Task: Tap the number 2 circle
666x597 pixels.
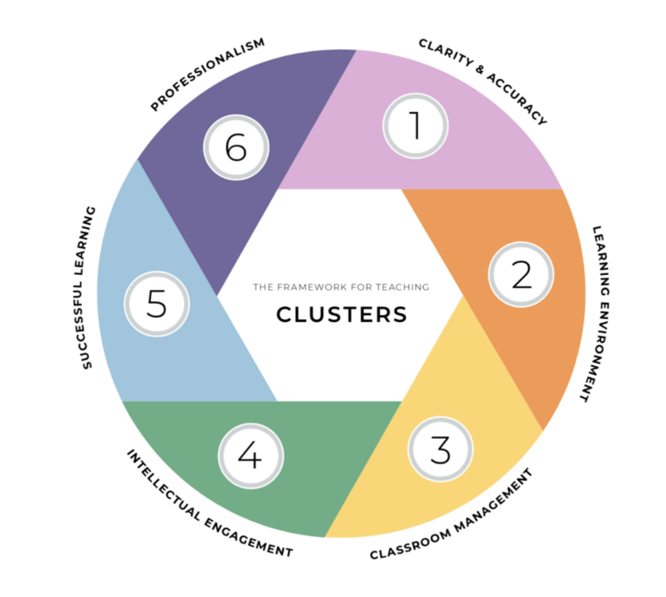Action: (521, 274)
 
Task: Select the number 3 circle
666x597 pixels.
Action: (441, 449)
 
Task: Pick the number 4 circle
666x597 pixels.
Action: (250, 456)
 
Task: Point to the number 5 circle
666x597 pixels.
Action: (156, 305)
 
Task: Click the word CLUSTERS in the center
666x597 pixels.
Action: (342, 314)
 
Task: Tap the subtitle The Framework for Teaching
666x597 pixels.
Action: (341, 286)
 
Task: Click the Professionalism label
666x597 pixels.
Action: (207, 75)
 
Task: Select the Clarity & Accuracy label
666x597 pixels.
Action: (483, 81)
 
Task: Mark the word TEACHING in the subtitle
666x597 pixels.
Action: (406, 286)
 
